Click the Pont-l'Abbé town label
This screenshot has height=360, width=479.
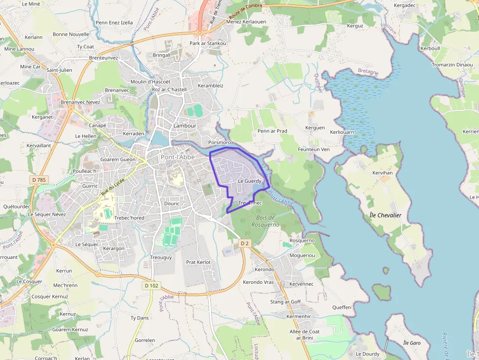(x=178, y=157)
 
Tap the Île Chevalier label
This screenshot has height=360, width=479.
(x=386, y=215)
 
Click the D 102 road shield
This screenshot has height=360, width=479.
(x=152, y=286)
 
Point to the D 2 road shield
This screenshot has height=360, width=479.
(x=245, y=243)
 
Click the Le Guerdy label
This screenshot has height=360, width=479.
(x=250, y=181)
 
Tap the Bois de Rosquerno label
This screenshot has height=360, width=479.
(x=265, y=221)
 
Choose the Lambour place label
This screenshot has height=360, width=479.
(x=185, y=126)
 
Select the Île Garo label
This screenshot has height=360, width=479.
(x=412, y=343)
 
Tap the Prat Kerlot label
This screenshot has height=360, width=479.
(x=198, y=262)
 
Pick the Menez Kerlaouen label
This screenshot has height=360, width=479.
(x=246, y=22)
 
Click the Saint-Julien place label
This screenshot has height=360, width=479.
(x=59, y=70)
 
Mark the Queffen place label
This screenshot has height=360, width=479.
(x=342, y=307)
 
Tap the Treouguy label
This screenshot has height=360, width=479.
(x=161, y=257)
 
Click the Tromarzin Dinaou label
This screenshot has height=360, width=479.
(x=452, y=65)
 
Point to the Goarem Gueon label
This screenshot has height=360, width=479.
(x=118, y=160)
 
